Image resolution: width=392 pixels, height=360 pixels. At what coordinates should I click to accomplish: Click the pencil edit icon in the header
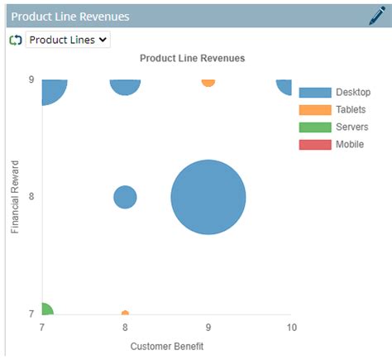click(x=376, y=16)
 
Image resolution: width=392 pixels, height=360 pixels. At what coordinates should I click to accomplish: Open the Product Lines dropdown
click(x=68, y=39)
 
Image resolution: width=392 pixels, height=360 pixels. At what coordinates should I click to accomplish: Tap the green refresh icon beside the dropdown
click(x=15, y=40)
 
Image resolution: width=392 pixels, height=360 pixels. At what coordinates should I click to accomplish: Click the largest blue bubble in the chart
click(x=208, y=197)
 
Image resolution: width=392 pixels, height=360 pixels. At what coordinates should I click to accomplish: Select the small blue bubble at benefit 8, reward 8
click(x=125, y=197)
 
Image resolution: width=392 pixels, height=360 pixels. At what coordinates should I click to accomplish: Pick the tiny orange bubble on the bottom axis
click(x=125, y=314)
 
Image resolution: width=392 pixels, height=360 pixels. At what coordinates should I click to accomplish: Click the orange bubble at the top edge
click(x=208, y=82)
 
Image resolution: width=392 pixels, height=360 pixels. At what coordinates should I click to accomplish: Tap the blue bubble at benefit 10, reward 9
click(x=284, y=86)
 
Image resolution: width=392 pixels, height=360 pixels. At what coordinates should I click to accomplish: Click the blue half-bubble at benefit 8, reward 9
click(x=125, y=85)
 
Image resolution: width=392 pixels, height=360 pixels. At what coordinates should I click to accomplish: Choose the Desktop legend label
click(x=353, y=92)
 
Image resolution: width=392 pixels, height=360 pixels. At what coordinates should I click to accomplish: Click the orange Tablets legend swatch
click(x=315, y=109)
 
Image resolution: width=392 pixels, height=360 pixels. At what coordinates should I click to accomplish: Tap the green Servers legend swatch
click(x=315, y=127)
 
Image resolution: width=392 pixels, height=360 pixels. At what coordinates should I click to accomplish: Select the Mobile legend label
click(x=350, y=144)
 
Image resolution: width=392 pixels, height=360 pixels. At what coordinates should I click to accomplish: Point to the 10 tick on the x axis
click(x=290, y=327)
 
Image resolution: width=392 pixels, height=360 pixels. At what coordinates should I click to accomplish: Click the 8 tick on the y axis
click(x=31, y=197)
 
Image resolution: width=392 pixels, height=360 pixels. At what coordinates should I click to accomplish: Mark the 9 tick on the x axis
click(x=208, y=327)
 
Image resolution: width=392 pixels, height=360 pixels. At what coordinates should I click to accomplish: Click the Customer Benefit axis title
click(x=166, y=346)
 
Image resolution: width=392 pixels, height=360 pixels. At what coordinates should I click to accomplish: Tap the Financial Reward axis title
click(x=15, y=197)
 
